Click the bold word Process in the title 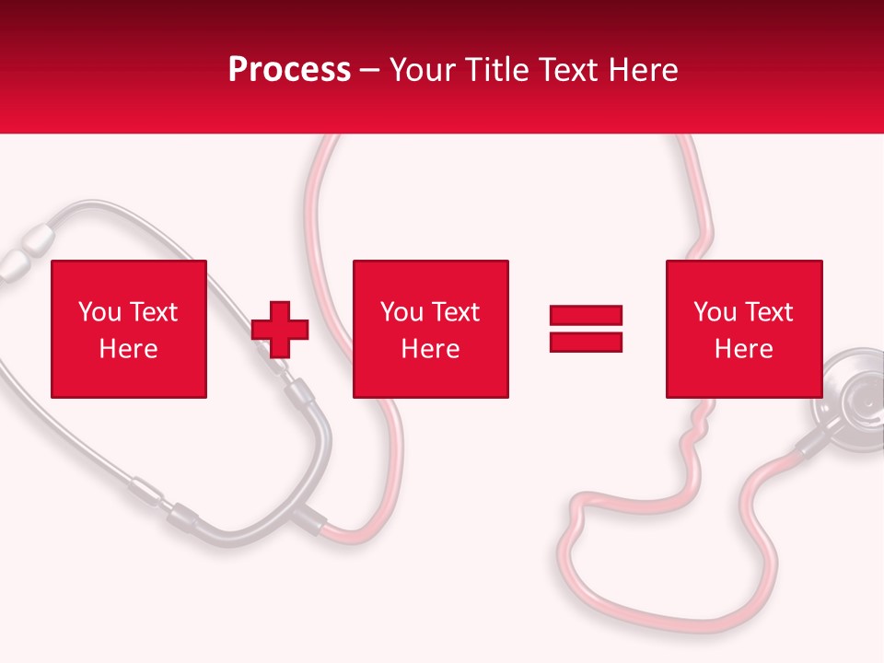tap(289, 70)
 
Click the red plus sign tap(280, 329)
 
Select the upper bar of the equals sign tap(586, 316)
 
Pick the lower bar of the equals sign tap(586, 342)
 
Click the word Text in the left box tap(154, 312)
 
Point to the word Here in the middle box tap(430, 349)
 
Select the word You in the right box tap(715, 312)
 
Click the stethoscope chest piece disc tap(856, 396)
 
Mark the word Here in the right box tap(743, 349)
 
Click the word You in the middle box tap(401, 312)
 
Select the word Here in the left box tap(128, 349)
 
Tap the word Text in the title tap(567, 70)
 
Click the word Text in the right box tap(769, 312)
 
